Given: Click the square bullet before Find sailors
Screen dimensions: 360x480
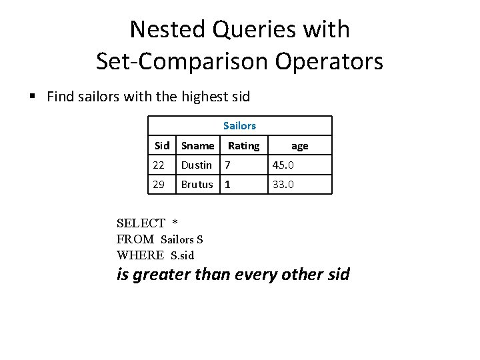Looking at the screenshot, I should point(32,96).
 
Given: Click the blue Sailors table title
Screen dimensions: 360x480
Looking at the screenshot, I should point(239,125).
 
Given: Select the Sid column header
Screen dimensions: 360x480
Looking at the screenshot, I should point(162,145).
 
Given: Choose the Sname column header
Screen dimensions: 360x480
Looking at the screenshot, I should point(198,145).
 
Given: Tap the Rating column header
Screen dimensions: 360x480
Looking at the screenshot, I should point(243,145).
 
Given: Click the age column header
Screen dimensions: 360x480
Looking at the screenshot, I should point(299,145).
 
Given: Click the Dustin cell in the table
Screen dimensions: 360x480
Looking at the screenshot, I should point(197,165).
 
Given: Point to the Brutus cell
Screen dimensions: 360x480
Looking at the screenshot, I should point(197,184).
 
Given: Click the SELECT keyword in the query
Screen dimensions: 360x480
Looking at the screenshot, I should point(141,223).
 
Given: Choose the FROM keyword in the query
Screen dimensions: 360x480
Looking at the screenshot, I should point(135,239).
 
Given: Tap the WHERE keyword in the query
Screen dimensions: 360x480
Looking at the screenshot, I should point(140,255).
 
